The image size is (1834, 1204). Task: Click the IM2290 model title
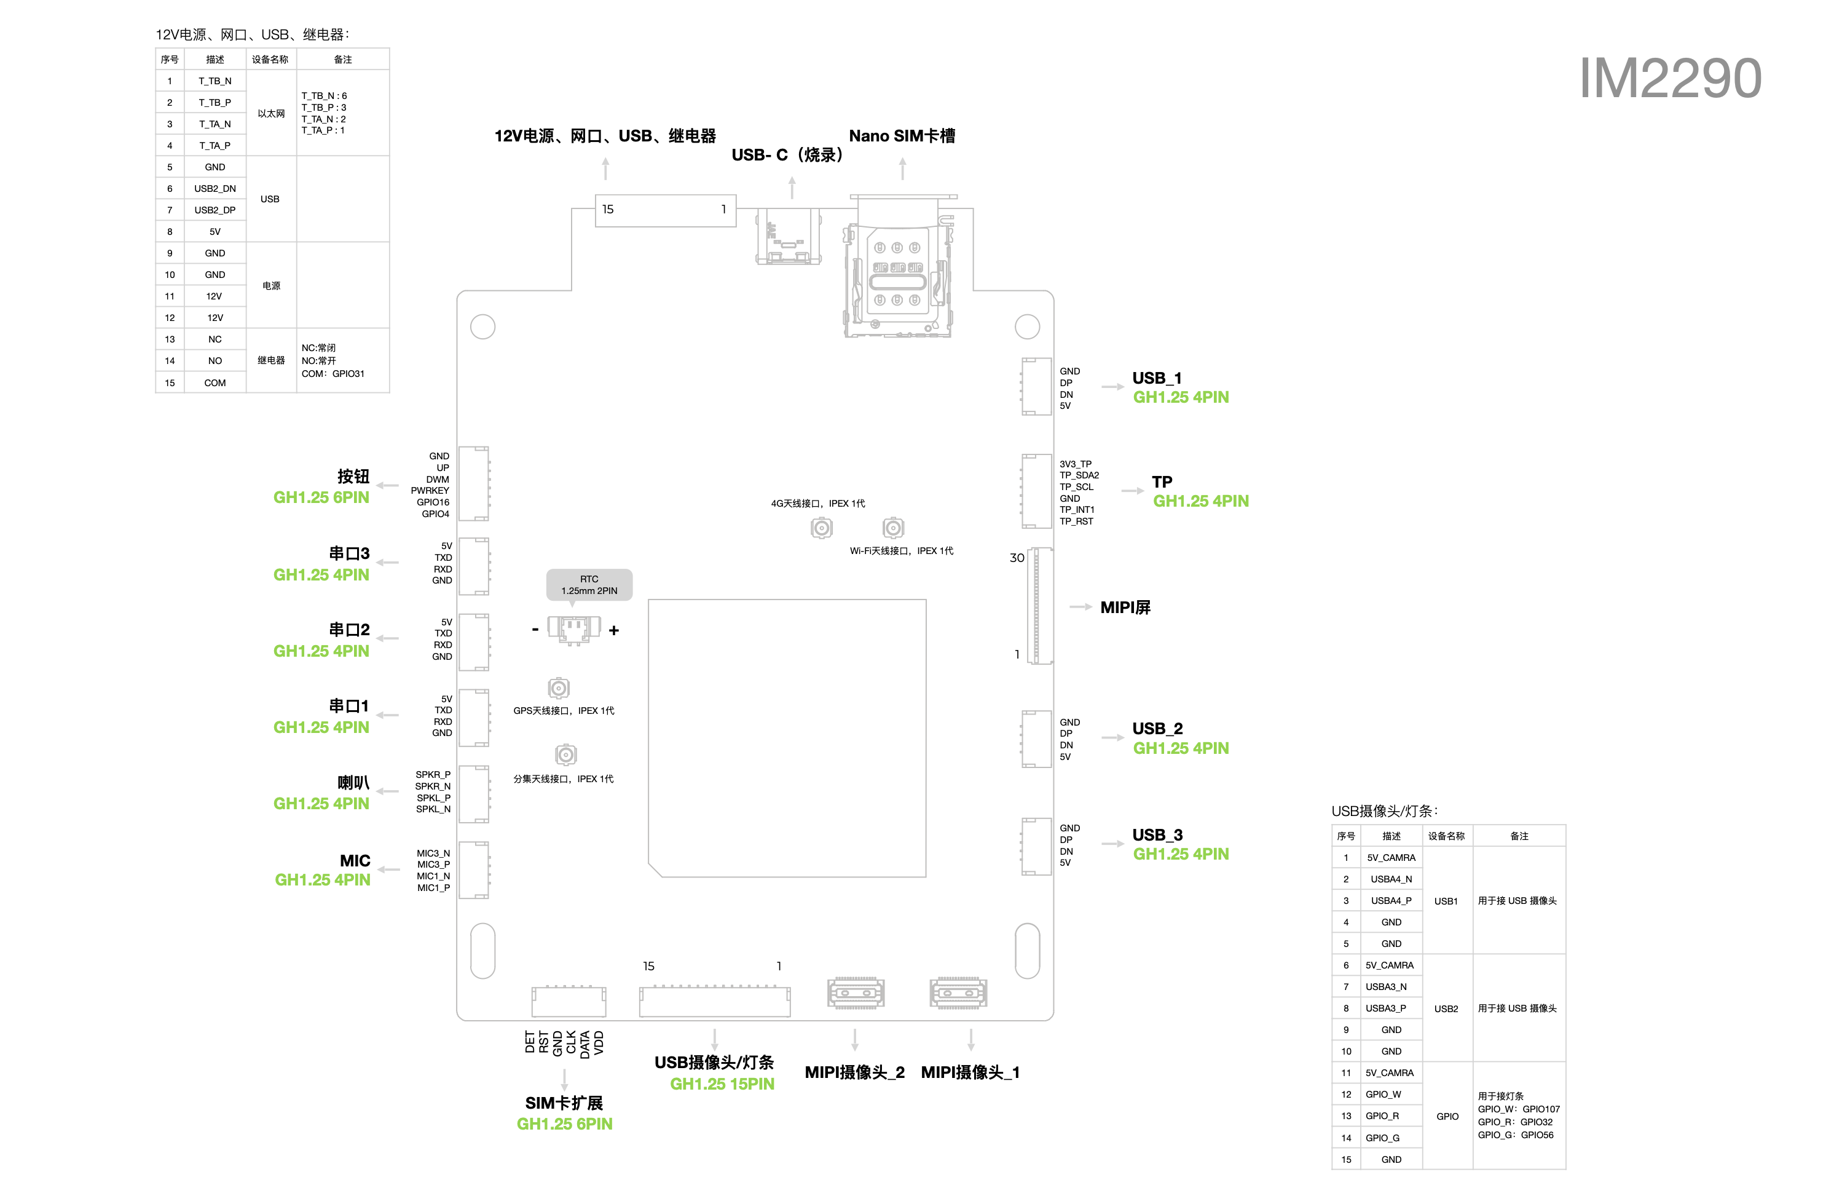coord(1670,79)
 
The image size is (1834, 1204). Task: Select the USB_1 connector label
coord(1156,378)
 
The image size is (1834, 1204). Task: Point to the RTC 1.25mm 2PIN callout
coord(589,585)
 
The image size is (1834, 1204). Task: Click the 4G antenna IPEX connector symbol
coord(822,528)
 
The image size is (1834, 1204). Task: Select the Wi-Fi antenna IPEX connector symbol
coord(893,528)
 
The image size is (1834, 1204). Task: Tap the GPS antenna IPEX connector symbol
coord(559,687)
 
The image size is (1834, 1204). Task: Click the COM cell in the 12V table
coord(215,383)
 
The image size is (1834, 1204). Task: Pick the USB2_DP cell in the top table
coord(215,210)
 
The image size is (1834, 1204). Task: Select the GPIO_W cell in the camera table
coord(1383,1095)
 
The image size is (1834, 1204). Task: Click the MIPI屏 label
coord(1125,608)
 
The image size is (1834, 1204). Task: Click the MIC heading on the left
coord(355,861)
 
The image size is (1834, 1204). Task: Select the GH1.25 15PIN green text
coord(722,1083)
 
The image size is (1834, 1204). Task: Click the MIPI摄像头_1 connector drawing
coord(958,993)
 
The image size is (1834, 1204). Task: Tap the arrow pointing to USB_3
coord(1112,844)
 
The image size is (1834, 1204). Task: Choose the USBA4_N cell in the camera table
coord(1391,879)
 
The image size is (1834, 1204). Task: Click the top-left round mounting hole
coord(482,327)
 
